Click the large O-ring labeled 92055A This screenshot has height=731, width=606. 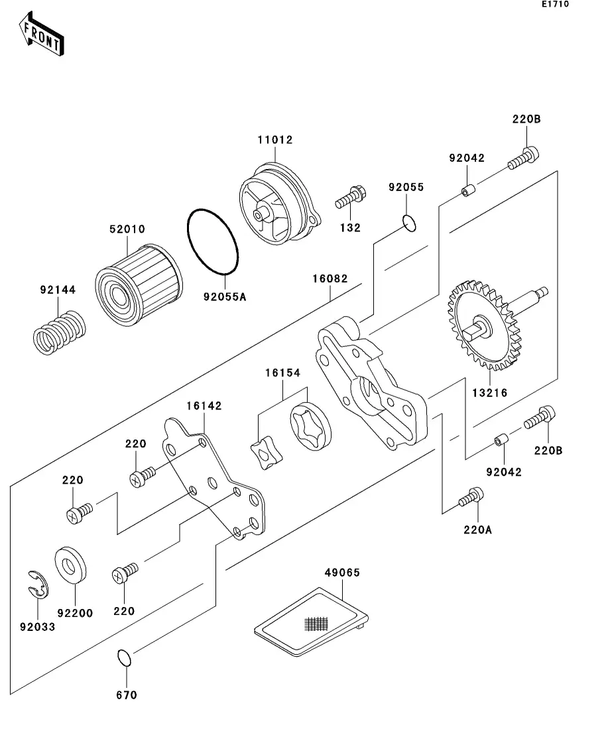[212, 242]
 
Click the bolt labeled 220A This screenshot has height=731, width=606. [471, 497]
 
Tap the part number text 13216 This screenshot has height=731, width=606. [490, 392]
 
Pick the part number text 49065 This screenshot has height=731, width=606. [341, 573]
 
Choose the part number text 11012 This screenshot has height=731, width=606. [275, 140]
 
